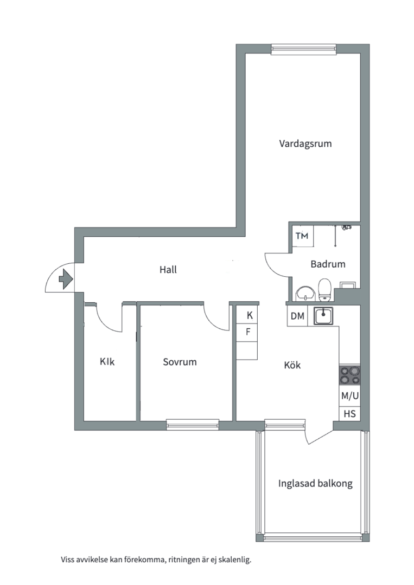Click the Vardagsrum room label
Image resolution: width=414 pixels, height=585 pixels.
coord(305,144)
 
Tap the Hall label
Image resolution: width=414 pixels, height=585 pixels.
coord(168,269)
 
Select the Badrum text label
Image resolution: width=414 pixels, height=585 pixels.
coord(328,264)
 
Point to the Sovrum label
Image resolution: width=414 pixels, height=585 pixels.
coord(180,362)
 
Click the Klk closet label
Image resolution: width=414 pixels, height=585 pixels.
coord(107,362)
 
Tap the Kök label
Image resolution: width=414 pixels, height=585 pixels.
coord(292,365)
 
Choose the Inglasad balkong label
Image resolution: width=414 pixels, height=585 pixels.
coord(315,484)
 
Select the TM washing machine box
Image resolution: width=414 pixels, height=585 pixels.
coord(301,236)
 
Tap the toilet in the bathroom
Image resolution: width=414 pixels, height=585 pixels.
coord(325,289)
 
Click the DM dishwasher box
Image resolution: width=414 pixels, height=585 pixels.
coord(297,316)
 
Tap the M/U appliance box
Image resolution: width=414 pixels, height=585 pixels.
coord(349,396)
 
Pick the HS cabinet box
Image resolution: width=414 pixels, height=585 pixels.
coord(349,414)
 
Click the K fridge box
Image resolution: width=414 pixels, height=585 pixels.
coord(249,315)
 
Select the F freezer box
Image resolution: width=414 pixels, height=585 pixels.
coord(249,332)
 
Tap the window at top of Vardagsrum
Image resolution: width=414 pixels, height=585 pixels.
coord(304,49)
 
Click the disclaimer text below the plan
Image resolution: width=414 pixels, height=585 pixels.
coord(156,560)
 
